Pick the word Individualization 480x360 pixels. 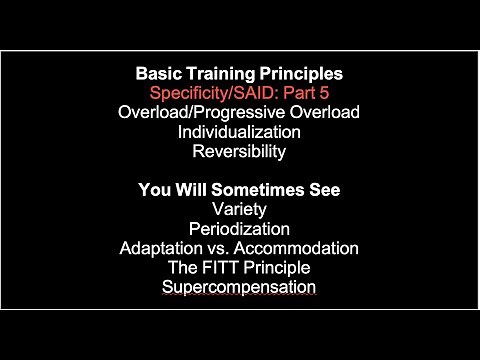tap(240, 132)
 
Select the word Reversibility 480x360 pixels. tap(240, 152)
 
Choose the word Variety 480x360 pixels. tap(240, 210)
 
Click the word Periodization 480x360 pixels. tap(240, 229)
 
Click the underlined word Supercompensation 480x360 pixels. tap(240, 287)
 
